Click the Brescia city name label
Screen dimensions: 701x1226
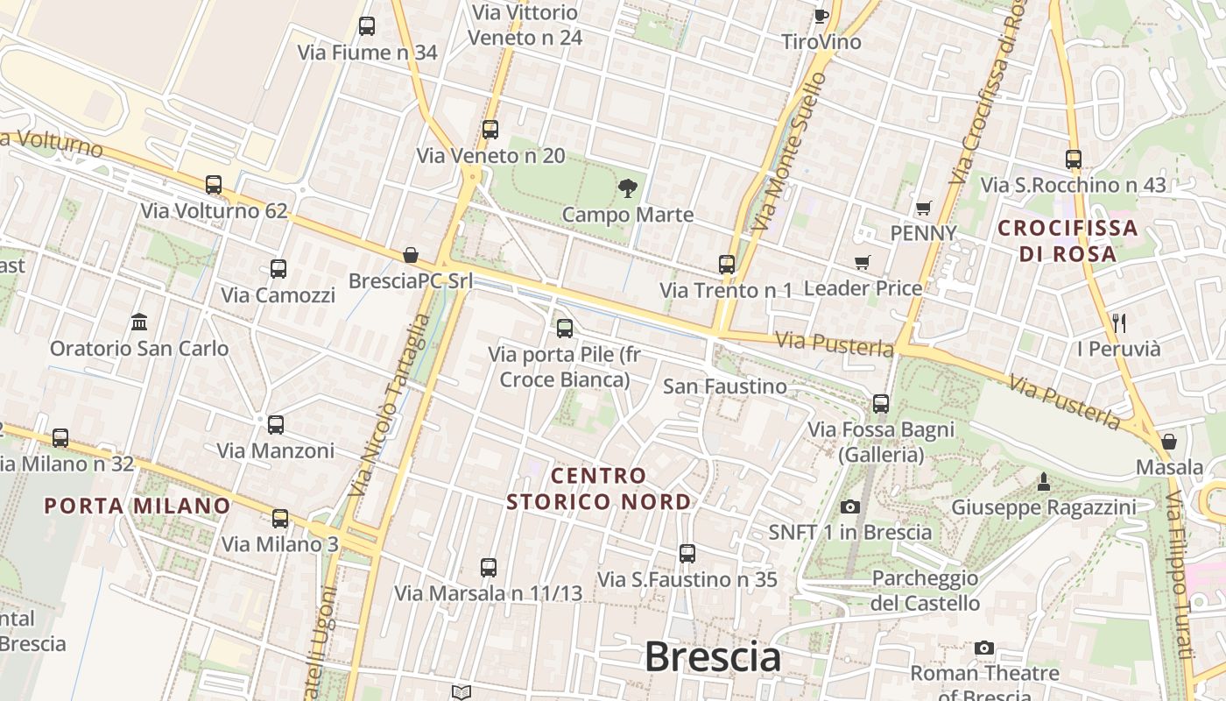point(712,657)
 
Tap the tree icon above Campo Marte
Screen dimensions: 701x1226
point(627,187)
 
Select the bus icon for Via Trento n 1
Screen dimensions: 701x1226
point(726,264)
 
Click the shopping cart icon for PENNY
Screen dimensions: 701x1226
point(923,208)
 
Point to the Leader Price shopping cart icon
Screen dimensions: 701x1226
point(863,262)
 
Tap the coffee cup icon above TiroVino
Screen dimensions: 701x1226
point(821,16)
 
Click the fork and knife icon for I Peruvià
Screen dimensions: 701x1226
point(1118,322)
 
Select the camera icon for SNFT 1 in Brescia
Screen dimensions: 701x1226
point(849,506)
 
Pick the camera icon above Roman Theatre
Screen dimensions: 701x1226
point(984,648)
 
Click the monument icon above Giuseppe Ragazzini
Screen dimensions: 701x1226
point(1043,481)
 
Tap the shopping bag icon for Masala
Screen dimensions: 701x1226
point(1168,441)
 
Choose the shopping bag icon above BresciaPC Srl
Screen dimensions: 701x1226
point(410,255)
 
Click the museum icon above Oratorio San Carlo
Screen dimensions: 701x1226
point(138,322)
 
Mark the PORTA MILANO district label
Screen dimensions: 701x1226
point(137,506)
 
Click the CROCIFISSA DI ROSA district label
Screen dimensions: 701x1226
point(1068,241)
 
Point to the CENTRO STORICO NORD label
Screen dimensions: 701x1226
point(599,489)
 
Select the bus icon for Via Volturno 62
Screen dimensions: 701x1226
point(214,185)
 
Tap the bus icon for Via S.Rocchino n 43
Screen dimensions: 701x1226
point(1074,159)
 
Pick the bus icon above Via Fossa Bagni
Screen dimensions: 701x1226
point(881,403)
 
